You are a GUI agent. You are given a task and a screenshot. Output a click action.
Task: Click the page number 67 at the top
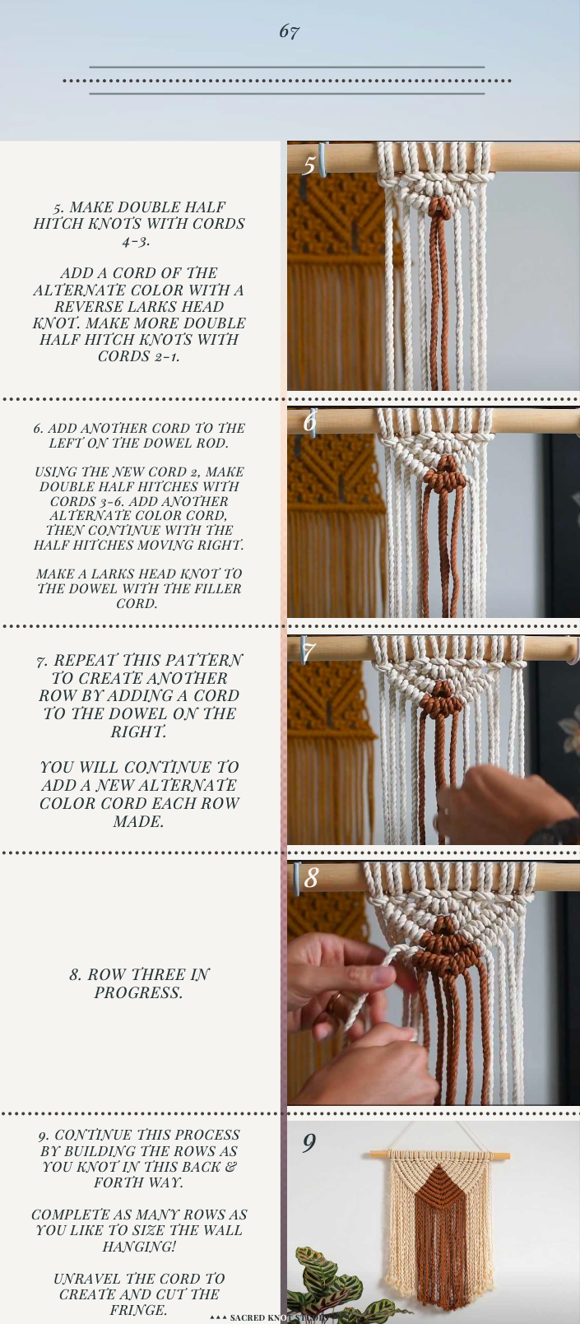tap(289, 32)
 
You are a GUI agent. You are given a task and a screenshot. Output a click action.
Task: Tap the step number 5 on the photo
tap(309, 165)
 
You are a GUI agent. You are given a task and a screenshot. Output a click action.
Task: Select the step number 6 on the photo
tap(309, 421)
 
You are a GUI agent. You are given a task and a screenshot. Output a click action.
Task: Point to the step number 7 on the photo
tap(309, 653)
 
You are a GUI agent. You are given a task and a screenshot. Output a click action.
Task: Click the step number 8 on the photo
tap(311, 879)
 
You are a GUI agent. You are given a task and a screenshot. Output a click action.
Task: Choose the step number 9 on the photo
tap(309, 1143)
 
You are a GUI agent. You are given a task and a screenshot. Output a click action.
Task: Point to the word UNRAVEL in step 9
tap(87, 1279)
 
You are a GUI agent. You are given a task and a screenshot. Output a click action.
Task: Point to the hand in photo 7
tap(494, 802)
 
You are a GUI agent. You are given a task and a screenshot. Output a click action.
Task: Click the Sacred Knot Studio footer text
tap(271, 1317)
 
